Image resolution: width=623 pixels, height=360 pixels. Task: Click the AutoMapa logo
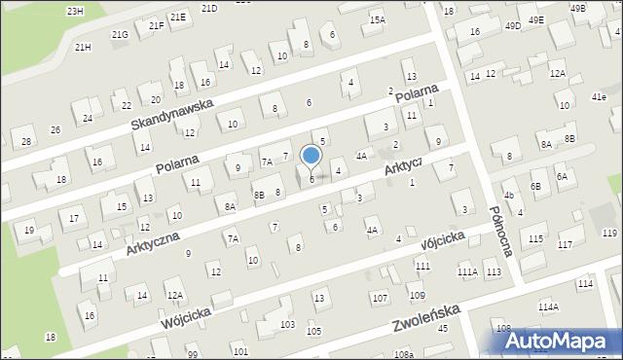(563, 341)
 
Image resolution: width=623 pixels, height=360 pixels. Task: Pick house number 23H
(75, 11)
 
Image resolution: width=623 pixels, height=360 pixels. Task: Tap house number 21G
(120, 35)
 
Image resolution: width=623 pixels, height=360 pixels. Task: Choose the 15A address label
(378, 19)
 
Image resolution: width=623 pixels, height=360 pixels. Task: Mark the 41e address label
(598, 98)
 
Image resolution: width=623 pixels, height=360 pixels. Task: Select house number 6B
(535, 186)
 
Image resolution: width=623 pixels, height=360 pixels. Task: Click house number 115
(535, 239)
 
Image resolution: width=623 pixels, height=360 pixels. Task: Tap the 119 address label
(610, 233)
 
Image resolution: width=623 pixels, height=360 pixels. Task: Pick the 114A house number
(549, 307)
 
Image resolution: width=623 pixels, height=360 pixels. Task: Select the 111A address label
(468, 272)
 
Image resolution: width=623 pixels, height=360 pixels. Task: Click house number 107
(380, 298)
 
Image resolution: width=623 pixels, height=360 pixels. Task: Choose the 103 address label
(287, 324)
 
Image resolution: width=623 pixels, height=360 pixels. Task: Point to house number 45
(443, 328)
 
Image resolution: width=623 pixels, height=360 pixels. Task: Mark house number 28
(26, 142)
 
